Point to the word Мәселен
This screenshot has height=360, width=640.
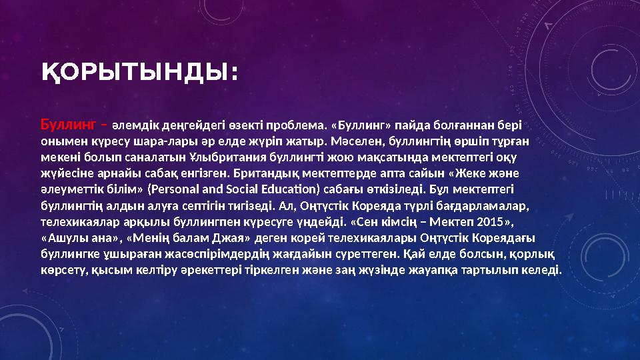361,141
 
